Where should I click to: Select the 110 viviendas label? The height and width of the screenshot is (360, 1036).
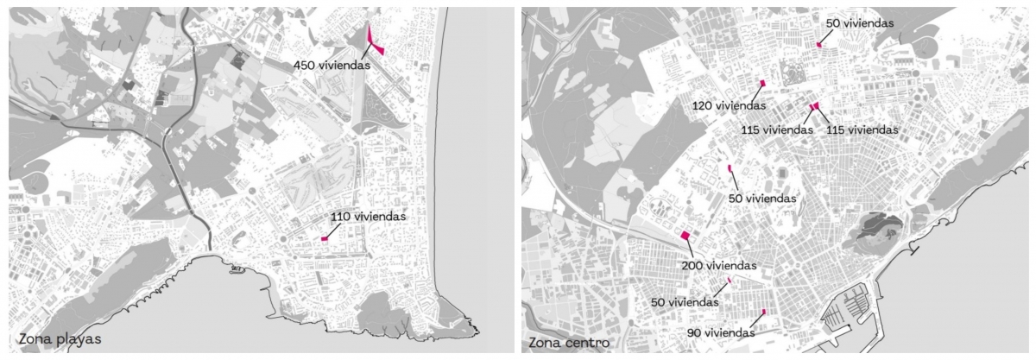pos(368,217)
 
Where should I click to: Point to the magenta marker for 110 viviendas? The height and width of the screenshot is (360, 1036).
pos(325,238)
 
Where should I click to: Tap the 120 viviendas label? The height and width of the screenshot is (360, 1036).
pos(729,105)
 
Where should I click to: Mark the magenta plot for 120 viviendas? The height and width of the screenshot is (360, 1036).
pos(763,83)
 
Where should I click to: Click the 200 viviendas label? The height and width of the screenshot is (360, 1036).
pos(719,265)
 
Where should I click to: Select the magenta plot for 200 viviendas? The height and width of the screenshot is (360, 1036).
pos(685,234)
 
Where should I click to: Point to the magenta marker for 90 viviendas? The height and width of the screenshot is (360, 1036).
pos(764,313)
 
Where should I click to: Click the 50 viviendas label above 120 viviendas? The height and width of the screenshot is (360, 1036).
pos(859,23)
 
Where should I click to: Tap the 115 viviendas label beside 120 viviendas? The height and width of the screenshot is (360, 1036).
pos(776,129)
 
